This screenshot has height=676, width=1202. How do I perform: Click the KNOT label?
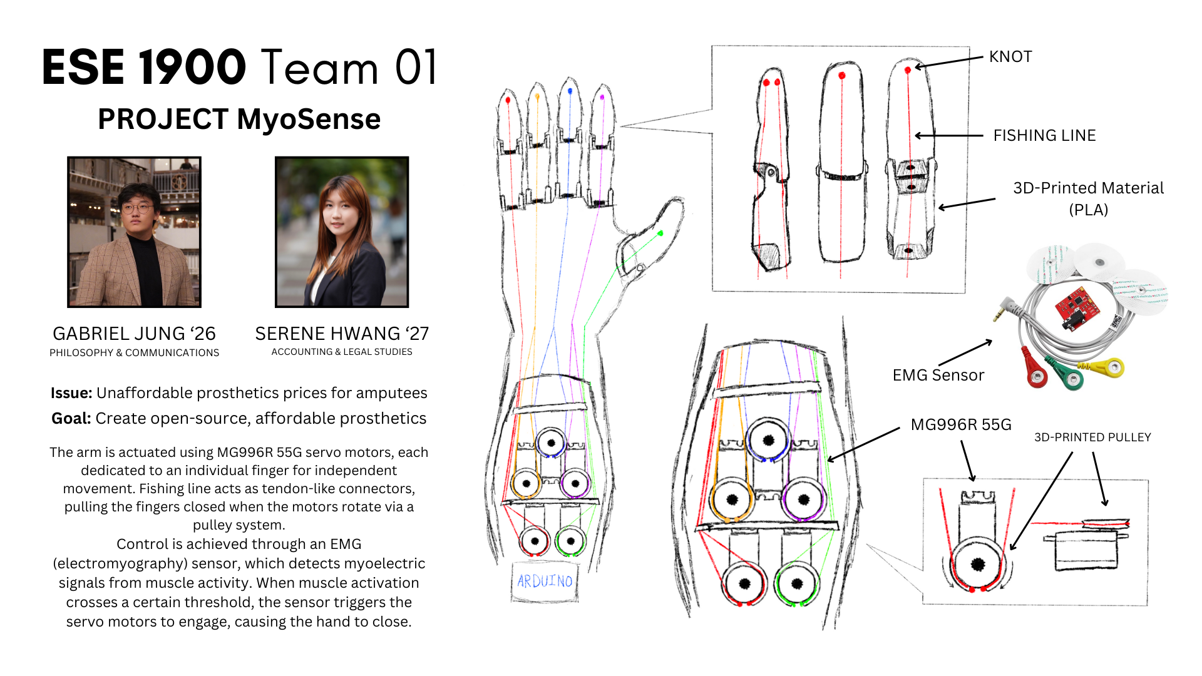1010,57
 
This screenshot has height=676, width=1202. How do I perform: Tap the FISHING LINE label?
1044,135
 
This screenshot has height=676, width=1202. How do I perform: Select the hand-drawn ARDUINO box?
545,581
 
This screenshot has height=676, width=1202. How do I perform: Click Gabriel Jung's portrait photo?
135,232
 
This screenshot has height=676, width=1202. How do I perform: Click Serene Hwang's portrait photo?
342,232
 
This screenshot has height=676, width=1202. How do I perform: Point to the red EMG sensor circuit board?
1077,307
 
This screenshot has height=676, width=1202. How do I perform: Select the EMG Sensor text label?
938,375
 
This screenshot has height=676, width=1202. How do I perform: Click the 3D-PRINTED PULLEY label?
1092,438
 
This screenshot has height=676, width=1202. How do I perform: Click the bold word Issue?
71,393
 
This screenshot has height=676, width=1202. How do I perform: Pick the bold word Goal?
71,419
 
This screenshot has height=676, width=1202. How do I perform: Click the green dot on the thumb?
660,233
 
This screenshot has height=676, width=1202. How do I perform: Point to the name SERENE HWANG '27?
342,334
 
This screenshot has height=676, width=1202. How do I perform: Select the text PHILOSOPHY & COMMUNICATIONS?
135,353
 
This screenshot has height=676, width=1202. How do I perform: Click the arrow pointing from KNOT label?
948,62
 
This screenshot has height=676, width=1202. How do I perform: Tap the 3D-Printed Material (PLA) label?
1088,198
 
